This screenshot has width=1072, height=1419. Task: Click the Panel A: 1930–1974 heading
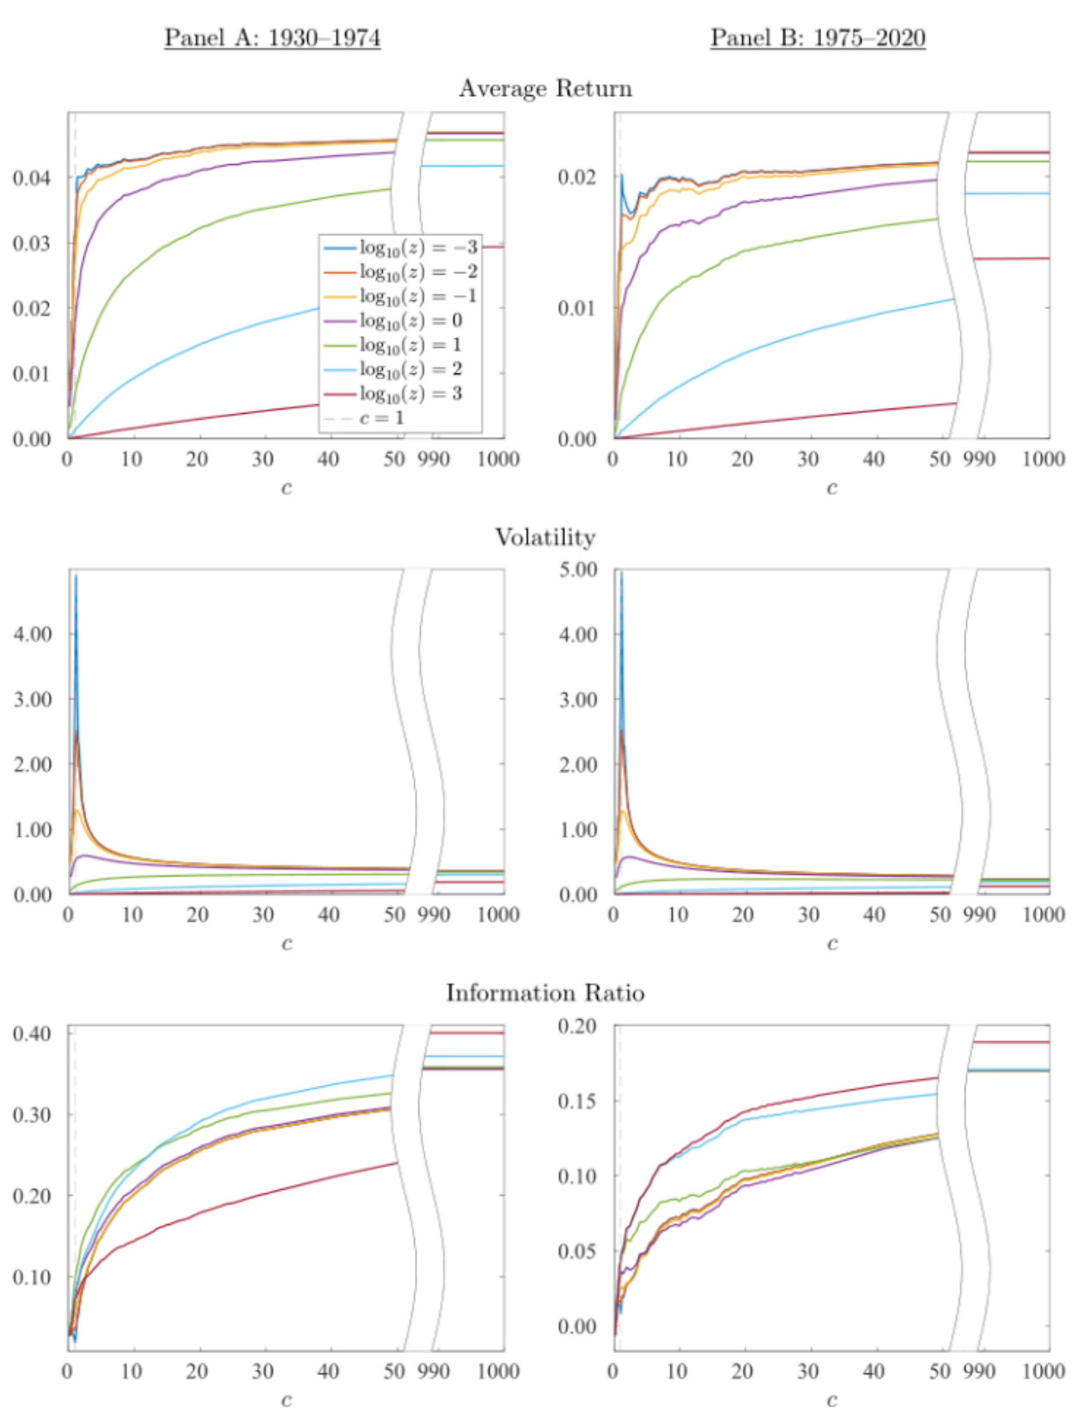coord(272,38)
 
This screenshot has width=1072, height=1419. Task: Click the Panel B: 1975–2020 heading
coord(818,38)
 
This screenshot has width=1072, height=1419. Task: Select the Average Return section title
coord(545,88)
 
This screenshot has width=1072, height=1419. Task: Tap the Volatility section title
coord(545,537)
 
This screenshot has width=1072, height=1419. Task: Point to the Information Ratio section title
coord(545,993)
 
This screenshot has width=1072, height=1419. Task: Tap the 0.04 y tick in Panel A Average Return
coord(32,178)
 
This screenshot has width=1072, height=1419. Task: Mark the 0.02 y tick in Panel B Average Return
coord(577,177)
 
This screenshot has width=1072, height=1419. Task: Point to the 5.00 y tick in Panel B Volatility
coord(579,570)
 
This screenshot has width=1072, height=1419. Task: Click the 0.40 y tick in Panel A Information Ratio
coord(32,1034)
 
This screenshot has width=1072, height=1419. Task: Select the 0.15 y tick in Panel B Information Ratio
coord(577,1101)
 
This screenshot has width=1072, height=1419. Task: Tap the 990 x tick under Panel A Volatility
coord(434,914)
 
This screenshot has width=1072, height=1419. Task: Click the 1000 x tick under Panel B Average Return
coord(1044,459)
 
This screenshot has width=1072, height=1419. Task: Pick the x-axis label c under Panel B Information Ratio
coord(831,1399)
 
